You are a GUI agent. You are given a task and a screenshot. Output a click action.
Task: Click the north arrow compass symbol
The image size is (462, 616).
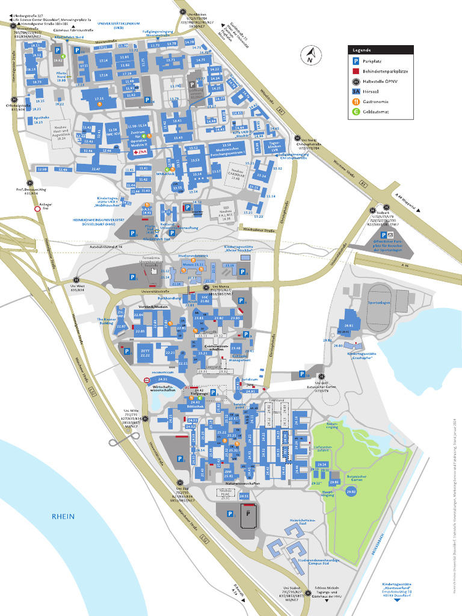310,56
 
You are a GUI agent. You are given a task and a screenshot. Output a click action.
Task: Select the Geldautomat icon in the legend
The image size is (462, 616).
356,111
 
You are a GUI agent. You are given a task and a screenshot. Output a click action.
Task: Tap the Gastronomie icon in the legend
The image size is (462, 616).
356,101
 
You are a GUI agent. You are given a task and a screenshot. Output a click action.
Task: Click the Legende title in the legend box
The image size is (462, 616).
362,51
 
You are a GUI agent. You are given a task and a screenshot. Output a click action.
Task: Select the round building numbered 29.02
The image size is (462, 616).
351,491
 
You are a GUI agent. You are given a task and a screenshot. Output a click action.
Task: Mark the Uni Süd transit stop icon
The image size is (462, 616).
179,482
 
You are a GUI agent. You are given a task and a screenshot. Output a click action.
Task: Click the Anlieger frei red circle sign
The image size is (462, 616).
38,209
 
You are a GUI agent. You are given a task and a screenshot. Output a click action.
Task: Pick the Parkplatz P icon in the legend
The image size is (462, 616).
356,61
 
